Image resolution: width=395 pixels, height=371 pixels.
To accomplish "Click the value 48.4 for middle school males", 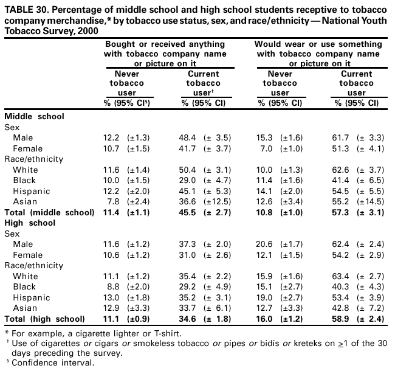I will coord(190,139).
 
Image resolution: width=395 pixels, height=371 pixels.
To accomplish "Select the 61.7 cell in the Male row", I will coord(344,139).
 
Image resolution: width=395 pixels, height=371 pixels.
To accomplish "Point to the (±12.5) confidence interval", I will coord(216,202).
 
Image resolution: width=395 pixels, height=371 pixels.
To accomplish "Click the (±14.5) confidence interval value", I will coord(371,202).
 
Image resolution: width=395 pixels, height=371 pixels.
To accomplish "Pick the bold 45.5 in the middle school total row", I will coord(190,212).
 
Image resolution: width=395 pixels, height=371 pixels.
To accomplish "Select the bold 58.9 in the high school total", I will coord(344,319).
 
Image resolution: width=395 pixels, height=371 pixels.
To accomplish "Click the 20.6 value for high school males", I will coord(267,244).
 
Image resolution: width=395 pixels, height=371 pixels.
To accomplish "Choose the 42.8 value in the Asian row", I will coord(344,308).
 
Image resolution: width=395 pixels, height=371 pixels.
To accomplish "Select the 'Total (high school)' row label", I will coord(44,319).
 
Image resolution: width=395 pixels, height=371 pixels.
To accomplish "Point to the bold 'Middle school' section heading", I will coord(34,117).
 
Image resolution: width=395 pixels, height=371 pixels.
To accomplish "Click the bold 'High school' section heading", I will coord(30,223).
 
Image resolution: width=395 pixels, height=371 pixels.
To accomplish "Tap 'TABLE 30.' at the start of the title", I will coord(24,7).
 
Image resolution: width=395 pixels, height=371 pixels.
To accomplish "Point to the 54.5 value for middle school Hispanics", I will coord(344,191).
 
